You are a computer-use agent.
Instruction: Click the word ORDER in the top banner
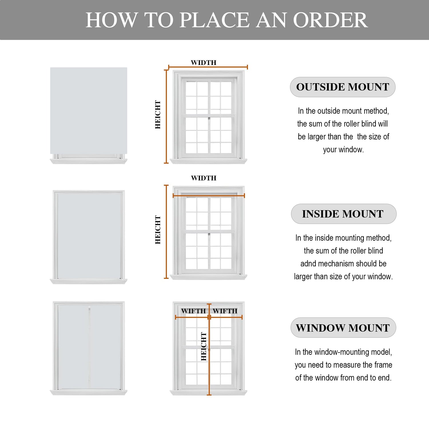pyautogui.click(x=330, y=20)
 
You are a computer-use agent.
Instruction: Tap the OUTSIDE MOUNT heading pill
pyautogui.click(x=343, y=87)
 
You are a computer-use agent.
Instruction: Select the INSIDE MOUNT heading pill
pyautogui.click(x=343, y=214)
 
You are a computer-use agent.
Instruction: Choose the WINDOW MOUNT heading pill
pyautogui.click(x=343, y=328)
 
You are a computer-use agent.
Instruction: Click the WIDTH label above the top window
pyautogui.click(x=204, y=63)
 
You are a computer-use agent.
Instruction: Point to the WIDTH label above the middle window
pyautogui.click(x=204, y=178)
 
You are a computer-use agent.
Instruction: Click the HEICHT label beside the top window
pyautogui.click(x=158, y=115)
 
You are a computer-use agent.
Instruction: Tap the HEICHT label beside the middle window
pyautogui.click(x=158, y=230)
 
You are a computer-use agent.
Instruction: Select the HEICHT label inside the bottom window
pyautogui.click(x=204, y=346)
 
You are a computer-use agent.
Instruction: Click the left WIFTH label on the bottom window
pyautogui.click(x=194, y=311)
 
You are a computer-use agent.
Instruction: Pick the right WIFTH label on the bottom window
pyautogui.click(x=225, y=311)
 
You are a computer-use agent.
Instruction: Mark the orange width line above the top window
pyautogui.click(x=208, y=67)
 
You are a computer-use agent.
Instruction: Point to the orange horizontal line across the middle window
pyautogui.click(x=209, y=196)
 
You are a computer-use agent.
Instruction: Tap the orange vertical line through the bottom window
pyautogui.click(x=209, y=349)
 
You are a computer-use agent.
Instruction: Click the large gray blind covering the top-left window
pyautogui.click(x=89, y=111)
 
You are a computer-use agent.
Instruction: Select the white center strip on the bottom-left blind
pyautogui.click(x=89, y=347)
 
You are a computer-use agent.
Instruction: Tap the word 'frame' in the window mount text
pyautogui.click(x=383, y=365)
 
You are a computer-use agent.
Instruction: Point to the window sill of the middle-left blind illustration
pyautogui.click(x=89, y=281)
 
